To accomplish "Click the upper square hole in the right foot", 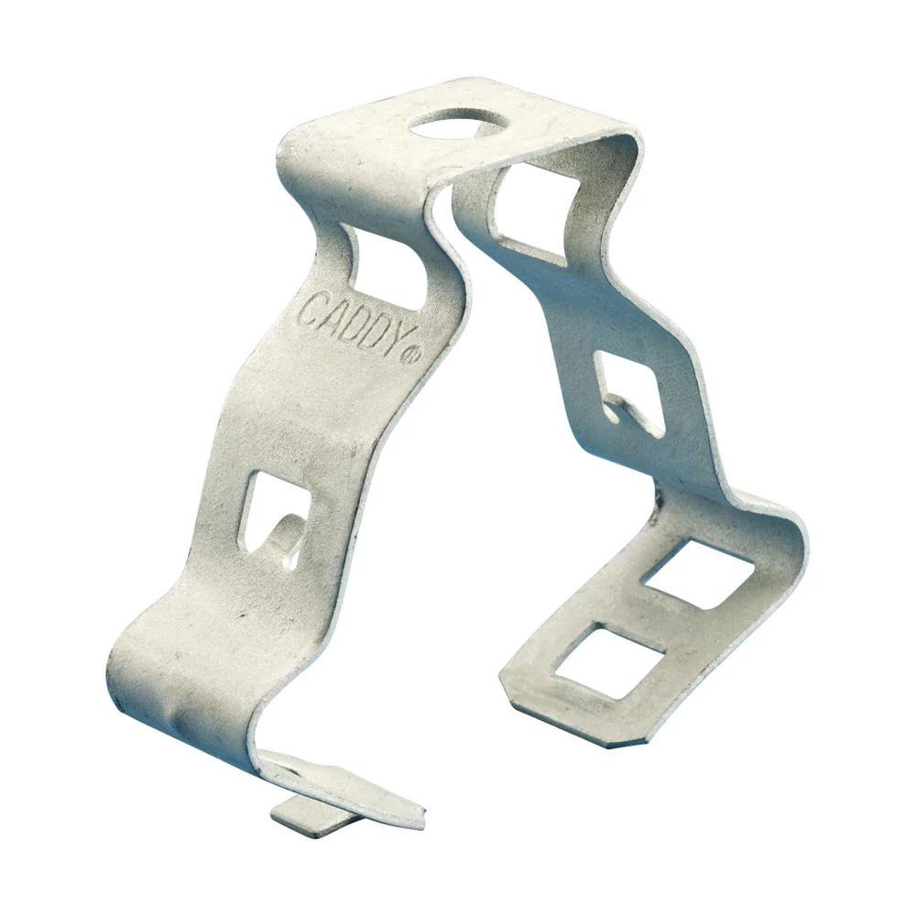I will point(697,573).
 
